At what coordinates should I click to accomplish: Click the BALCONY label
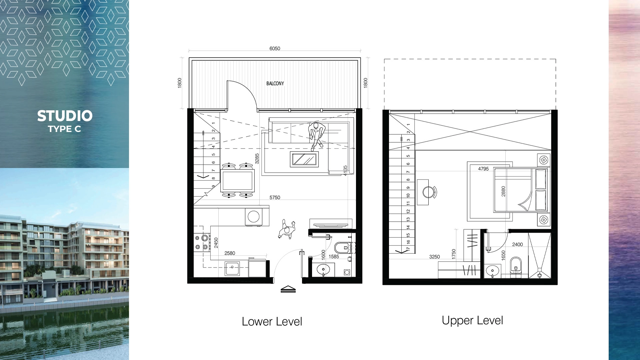tap(275, 83)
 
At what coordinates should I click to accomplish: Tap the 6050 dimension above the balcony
tap(275, 48)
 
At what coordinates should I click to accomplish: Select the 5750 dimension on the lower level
tap(275, 197)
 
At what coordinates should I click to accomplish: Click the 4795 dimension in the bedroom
tap(483, 169)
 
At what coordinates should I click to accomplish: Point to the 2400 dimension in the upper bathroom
tap(517, 244)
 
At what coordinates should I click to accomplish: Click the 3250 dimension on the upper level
tap(434, 257)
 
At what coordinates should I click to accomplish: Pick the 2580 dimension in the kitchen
tap(230, 253)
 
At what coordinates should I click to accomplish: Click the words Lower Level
tap(272, 322)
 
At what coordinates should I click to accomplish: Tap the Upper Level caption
tap(472, 320)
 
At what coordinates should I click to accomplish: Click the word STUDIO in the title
tap(65, 116)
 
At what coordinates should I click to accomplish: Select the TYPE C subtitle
tap(64, 129)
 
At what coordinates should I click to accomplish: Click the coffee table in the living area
tap(304, 159)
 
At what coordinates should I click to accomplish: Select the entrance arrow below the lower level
tap(288, 289)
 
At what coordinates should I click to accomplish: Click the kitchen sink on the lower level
tap(232, 269)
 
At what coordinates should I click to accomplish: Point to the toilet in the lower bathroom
tap(343, 248)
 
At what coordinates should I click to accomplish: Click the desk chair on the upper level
tap(429, 192)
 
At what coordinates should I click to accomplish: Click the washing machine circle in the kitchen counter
tap(253, 217)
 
